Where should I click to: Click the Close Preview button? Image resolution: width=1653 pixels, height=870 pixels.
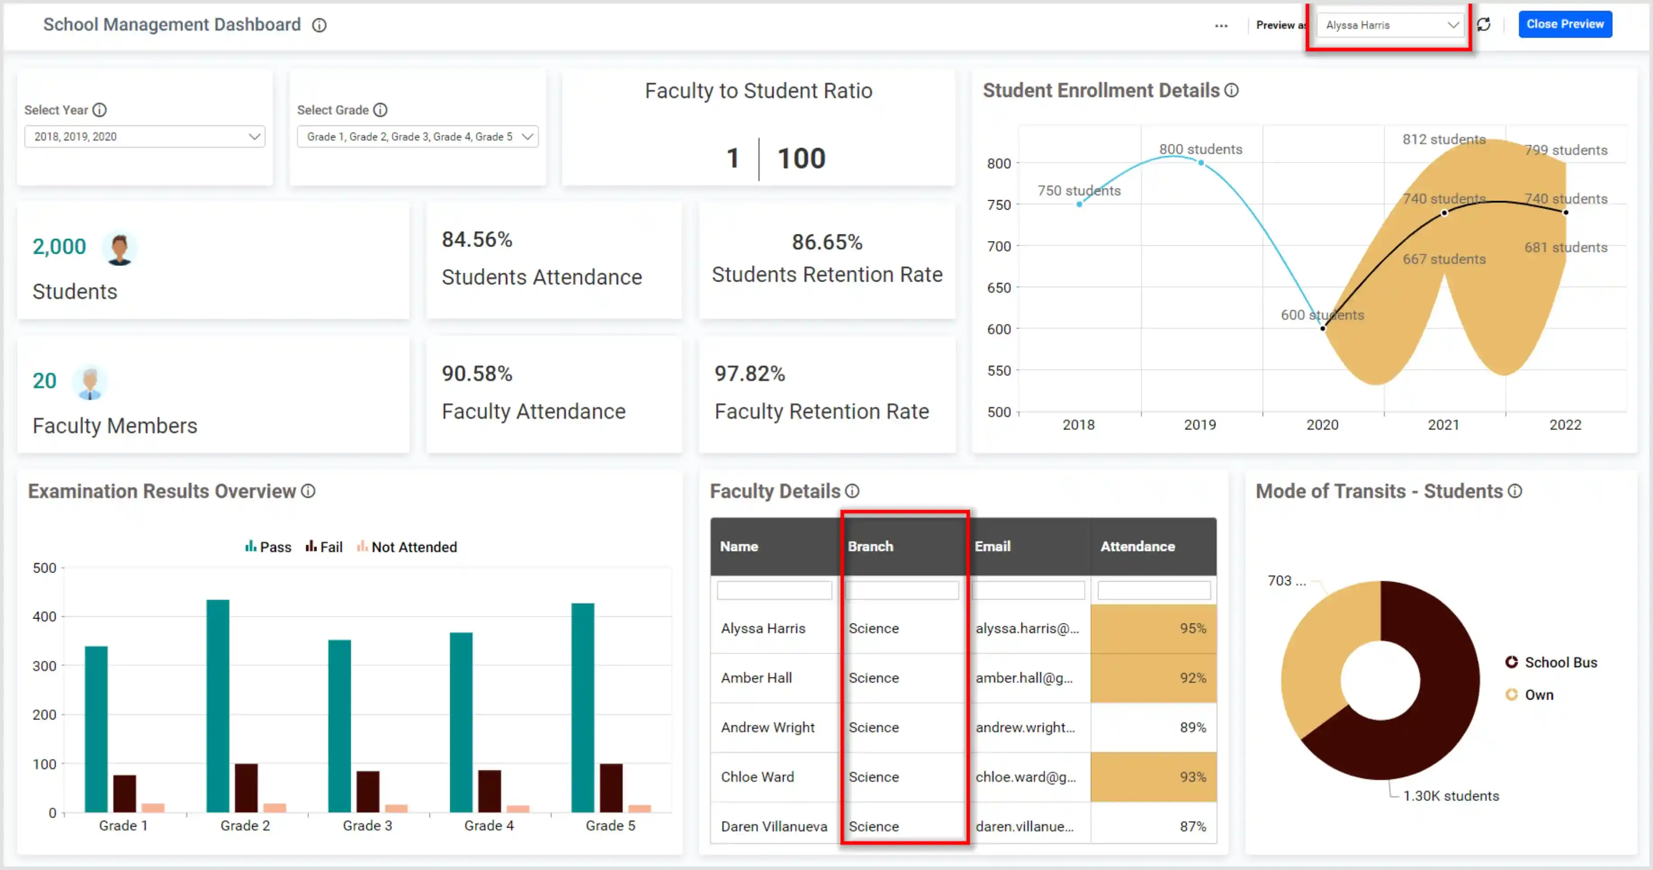tap(1564, 24)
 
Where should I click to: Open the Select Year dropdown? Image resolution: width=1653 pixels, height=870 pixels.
tap(144, 137)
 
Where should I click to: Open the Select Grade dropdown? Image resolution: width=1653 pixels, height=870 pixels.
tap(417, 137)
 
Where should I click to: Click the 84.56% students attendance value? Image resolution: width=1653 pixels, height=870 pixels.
tap(477, 239)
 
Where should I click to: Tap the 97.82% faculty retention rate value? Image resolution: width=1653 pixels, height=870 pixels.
tap(750, 374)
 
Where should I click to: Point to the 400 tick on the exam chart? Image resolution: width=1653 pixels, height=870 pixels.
tap(44, 616)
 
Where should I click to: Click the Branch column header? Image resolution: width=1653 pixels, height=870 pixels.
tap(870, 547)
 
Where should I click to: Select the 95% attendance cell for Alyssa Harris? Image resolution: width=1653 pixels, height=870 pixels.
tap(1153, 628)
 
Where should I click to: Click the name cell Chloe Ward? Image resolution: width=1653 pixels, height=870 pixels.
tap(757, 777)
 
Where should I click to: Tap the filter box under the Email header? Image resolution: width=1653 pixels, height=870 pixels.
tap(1028, 590)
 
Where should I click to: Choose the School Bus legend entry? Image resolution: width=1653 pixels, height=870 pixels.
tap(1560, 663)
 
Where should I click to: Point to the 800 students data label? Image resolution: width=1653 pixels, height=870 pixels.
tap(1200, 149)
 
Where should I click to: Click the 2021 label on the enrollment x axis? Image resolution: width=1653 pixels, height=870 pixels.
tap(1443, 425)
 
